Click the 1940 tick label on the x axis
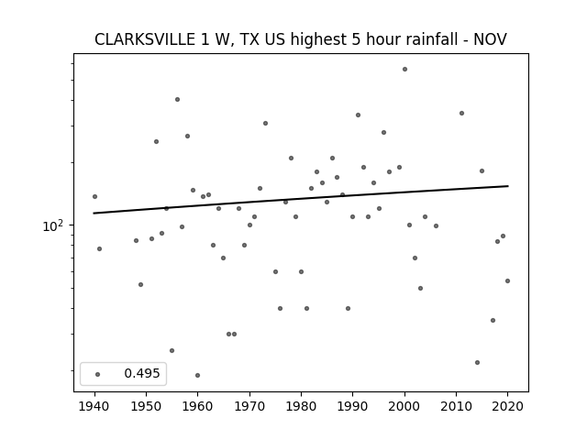click(x=94, y=406)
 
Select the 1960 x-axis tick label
click(x=198, y=406)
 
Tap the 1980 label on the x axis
click(x=301, y=406)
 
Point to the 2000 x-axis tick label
click(x=404, y=406)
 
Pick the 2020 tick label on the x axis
click(x=507, y=406)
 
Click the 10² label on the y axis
click(x=53, y=226)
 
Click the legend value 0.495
click(x=142, y=373)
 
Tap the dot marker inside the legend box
click(x=98, y=374)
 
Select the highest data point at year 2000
click(x=404, y=70)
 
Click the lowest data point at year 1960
click(x=198, y=375)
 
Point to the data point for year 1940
click(x=94, y=196)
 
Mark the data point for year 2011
click(x=461, y=113)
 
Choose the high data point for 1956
click(x=177, y=99)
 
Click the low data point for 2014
click(x=477, y=363)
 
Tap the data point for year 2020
click(x=507, y=281)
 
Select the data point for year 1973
click(x=265, y=123)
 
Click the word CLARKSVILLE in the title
click(x=145, y=39)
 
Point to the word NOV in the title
click(x=490, y=39)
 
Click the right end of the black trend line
click(x=508, y=186)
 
